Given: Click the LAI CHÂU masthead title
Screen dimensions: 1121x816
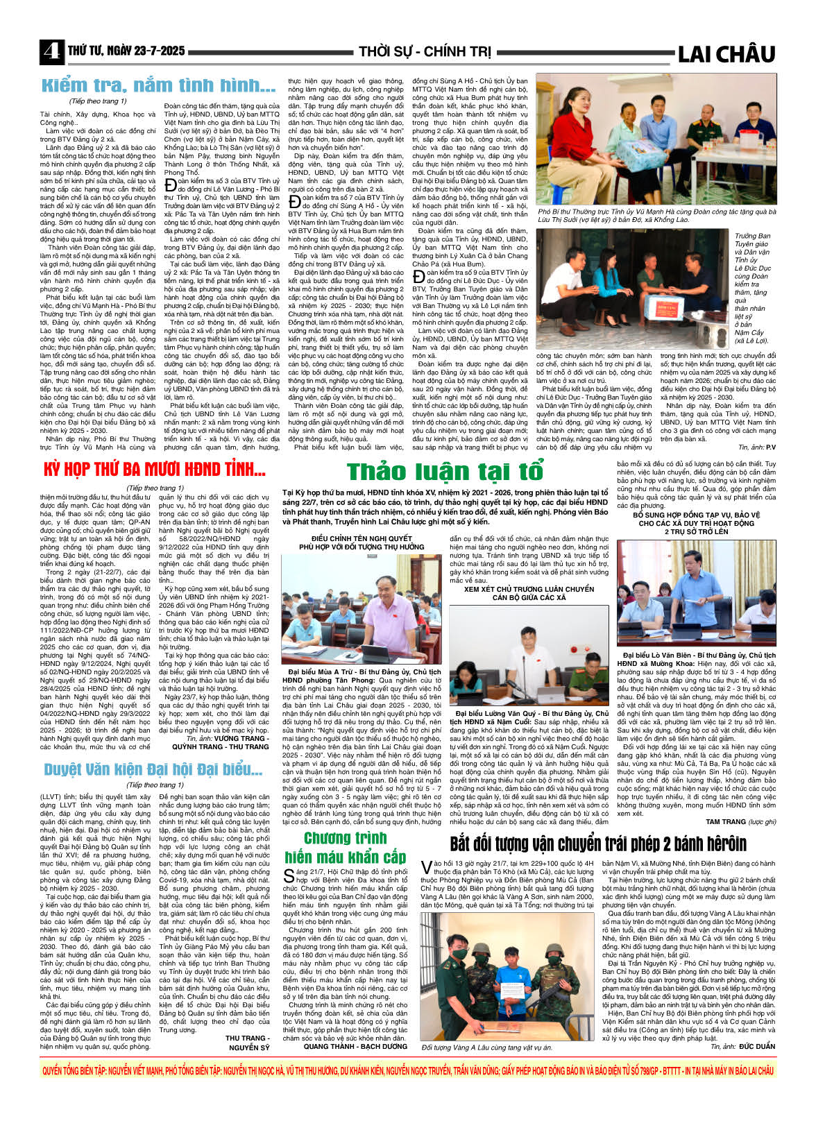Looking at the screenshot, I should pos(725,53).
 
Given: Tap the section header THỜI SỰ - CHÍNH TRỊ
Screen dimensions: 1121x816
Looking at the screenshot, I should pos(425,52).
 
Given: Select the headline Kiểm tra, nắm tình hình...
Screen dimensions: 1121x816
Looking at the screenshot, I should pos(159,86).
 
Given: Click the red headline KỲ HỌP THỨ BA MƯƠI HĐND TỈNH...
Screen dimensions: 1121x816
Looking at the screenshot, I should pos(154,470).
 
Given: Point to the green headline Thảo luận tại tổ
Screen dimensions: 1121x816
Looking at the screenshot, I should pos(445,471).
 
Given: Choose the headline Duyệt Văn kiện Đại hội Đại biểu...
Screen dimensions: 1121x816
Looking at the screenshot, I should pos(153,769).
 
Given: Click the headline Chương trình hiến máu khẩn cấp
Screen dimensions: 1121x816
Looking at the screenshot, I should pos(345,847).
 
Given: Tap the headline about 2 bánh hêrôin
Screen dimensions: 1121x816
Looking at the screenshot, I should pos(598,844).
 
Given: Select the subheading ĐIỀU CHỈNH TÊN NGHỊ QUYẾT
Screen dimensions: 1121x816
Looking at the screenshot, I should pos(362,538).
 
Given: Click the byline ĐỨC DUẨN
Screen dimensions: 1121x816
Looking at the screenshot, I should pos(756,1046).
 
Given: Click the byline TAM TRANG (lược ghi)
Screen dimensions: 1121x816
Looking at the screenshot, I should pos(740,821).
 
